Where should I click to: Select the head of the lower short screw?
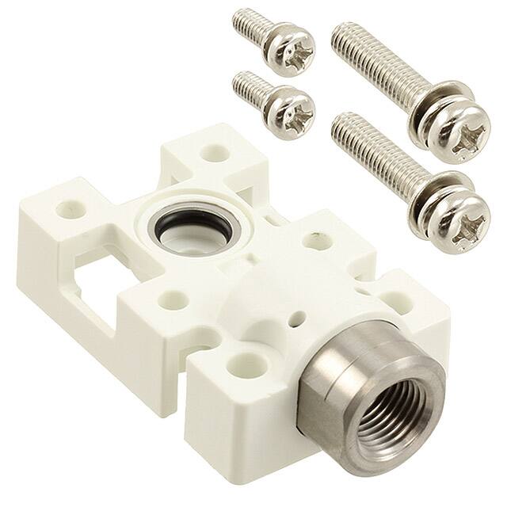[x=290, y=110]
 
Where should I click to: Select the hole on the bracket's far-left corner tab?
[x=68, y=210]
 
